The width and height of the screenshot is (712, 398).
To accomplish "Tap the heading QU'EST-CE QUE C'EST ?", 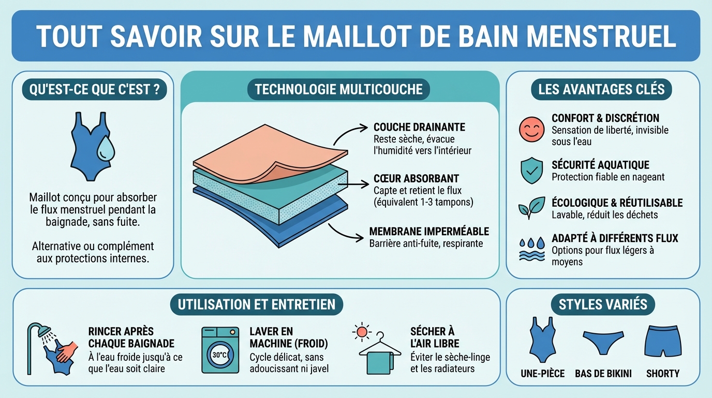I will point(94,90).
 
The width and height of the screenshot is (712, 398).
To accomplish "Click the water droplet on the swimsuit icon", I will point(106,148).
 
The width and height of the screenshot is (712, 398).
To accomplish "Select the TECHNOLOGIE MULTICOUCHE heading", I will point(339,90).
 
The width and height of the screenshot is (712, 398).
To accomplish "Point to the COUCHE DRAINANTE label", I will point(419,127).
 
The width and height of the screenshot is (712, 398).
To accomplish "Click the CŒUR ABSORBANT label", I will point(416,179).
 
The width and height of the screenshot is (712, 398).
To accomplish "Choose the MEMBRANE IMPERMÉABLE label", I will point(429,231).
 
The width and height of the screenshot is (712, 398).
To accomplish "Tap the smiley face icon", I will point(531,129).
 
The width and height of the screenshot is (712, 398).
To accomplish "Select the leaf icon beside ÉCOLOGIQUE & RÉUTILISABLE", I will point(531,208).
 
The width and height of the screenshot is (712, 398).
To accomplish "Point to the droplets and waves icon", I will point(531,249).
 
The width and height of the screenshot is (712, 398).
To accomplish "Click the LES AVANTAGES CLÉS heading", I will point(601,90).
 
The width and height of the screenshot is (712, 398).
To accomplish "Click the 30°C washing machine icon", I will point(219,350).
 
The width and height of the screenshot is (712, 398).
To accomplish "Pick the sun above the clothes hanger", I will point(362,331).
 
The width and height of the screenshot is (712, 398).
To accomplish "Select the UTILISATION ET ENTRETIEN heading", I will point(256,304).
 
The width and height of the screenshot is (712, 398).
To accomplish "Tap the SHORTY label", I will point(662,373).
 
